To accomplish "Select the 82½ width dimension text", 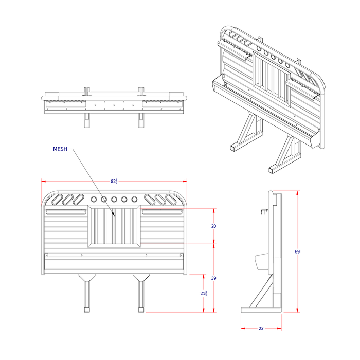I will click(114, 181).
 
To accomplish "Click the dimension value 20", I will click(213, 226).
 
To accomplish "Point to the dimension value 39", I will click(213, 278).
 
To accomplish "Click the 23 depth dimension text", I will click(261, 328).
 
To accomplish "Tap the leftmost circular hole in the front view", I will click(94, 199).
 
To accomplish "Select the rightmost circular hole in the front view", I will click(134, 199).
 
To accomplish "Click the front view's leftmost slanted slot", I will click(57, 199).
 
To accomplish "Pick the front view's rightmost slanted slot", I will click(172, 199).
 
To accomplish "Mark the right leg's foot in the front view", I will click(140, 310).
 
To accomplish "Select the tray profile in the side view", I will click(261, 262).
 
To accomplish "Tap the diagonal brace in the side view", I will click(261, 293).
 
